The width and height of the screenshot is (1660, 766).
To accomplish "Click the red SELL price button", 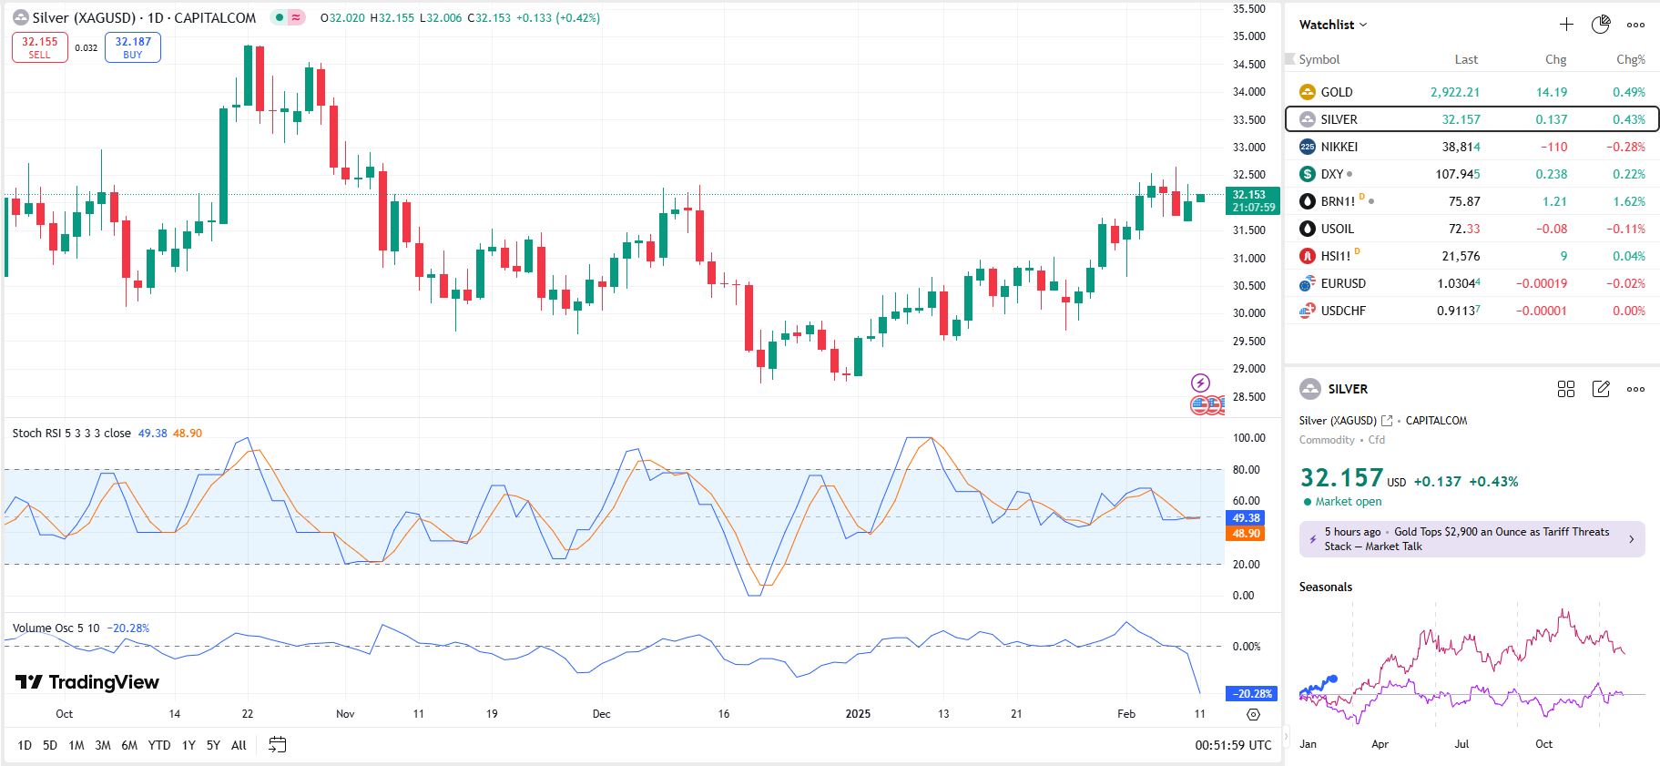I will click(x=40, y=47).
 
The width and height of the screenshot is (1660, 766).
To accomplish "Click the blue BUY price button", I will click(x=133, y=47).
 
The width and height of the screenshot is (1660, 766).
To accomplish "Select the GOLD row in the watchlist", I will click(x=1337, y=92).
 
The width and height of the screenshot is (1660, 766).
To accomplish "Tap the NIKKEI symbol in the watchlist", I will click(x=1339, y=147).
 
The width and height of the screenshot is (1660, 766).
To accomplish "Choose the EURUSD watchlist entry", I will click(x=1343, y=283).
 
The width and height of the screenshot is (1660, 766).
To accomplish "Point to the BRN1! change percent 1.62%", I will click(x=1628, y=201).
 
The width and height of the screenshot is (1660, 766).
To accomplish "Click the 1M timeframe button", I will click(x=76, y=745).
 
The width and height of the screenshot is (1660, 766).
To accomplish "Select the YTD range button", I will click(x=159, y=745).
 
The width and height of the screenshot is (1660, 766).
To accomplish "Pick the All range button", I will click(x=239, y=745).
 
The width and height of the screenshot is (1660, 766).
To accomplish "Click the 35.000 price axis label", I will click(x=1248, y=36).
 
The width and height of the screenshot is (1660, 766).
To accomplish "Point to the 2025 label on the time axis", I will click(x=858, y=714).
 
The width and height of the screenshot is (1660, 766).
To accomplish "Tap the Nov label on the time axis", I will click(x=345, y=714).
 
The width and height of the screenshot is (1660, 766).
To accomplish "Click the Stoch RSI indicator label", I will click(x=71, y=434).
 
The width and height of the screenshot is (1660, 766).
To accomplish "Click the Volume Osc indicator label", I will click(x=56, y=628).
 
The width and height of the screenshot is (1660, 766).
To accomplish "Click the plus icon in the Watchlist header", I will click(x=1566, y=25).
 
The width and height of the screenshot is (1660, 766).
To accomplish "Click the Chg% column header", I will click(x=1630, y=60).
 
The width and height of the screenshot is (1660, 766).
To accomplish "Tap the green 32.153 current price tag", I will click(x=1253, y=200).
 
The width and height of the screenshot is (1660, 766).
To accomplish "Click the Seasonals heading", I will click(x=1325, y=587).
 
